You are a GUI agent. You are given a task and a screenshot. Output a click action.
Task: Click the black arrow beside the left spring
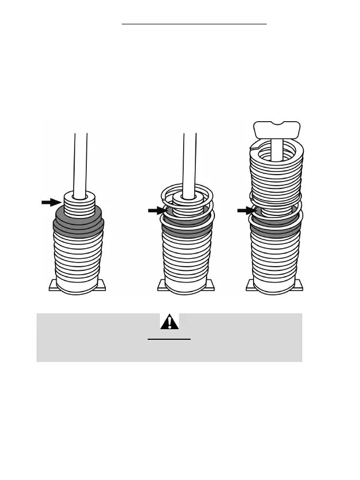pyautogui.click(x=51, y=202)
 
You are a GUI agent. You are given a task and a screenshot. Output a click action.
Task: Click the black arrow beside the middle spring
pyautogui.click(x=157, y=210)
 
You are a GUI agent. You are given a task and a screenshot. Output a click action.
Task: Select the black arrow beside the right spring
pyautogui.click(x=246, y=210)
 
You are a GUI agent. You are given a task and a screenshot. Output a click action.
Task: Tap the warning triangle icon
pyautogui.click(x=169, y=322)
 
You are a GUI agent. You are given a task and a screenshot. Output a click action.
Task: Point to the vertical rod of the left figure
pyautogui.click(x=80, y=161)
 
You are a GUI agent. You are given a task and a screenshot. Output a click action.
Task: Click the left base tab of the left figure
pyautogui.click(x=53, y=286)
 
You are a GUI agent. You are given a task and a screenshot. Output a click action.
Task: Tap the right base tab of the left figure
pyautogui.click(x=101, y=286)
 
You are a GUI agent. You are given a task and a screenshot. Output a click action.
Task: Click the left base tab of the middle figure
pyautogui.click(x=162, y=286)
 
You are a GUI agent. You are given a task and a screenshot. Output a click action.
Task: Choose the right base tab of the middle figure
pyautogui.click(x=210, y=286)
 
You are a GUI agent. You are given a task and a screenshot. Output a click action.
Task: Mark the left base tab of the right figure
pyautogui.click(x=250, y=286)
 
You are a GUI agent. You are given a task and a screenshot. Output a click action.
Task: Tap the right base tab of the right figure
pyautogui.click(x=300, y=286)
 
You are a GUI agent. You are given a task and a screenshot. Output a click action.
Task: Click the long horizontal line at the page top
pyautogui.click(x=194, y=24)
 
